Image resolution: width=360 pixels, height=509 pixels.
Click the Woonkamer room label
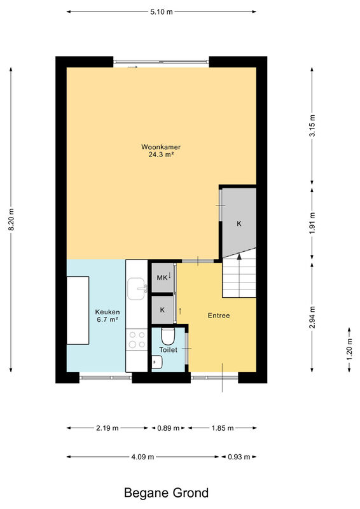point(161,147)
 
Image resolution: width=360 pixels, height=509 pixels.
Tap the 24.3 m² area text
point(161,155)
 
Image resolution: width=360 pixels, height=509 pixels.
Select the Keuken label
point(107,312)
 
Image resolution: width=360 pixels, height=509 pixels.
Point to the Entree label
point(219,316)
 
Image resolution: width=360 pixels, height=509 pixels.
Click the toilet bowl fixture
point(168,337)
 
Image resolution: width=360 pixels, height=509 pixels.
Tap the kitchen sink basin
point(137,289)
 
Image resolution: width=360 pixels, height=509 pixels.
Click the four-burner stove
point(137,339)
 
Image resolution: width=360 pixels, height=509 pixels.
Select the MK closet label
point(162,277)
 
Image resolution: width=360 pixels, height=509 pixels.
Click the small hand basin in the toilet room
point(157,362)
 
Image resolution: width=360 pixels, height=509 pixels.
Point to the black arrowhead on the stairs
point(239,256)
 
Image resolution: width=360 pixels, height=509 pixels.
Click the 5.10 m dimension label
point(162,12)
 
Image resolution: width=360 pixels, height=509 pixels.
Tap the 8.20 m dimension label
point(11,220)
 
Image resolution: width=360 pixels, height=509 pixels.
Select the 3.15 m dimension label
point(312,125)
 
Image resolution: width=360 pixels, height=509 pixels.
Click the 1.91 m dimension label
point(312,223)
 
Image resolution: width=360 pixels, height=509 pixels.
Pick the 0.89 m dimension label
point(169,428)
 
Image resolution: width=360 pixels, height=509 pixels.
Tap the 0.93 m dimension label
point(239,457)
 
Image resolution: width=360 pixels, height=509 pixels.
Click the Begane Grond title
point(166,492)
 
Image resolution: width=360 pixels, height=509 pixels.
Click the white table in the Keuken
point(78,310)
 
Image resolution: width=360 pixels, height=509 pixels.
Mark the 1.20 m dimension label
point(349,349)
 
